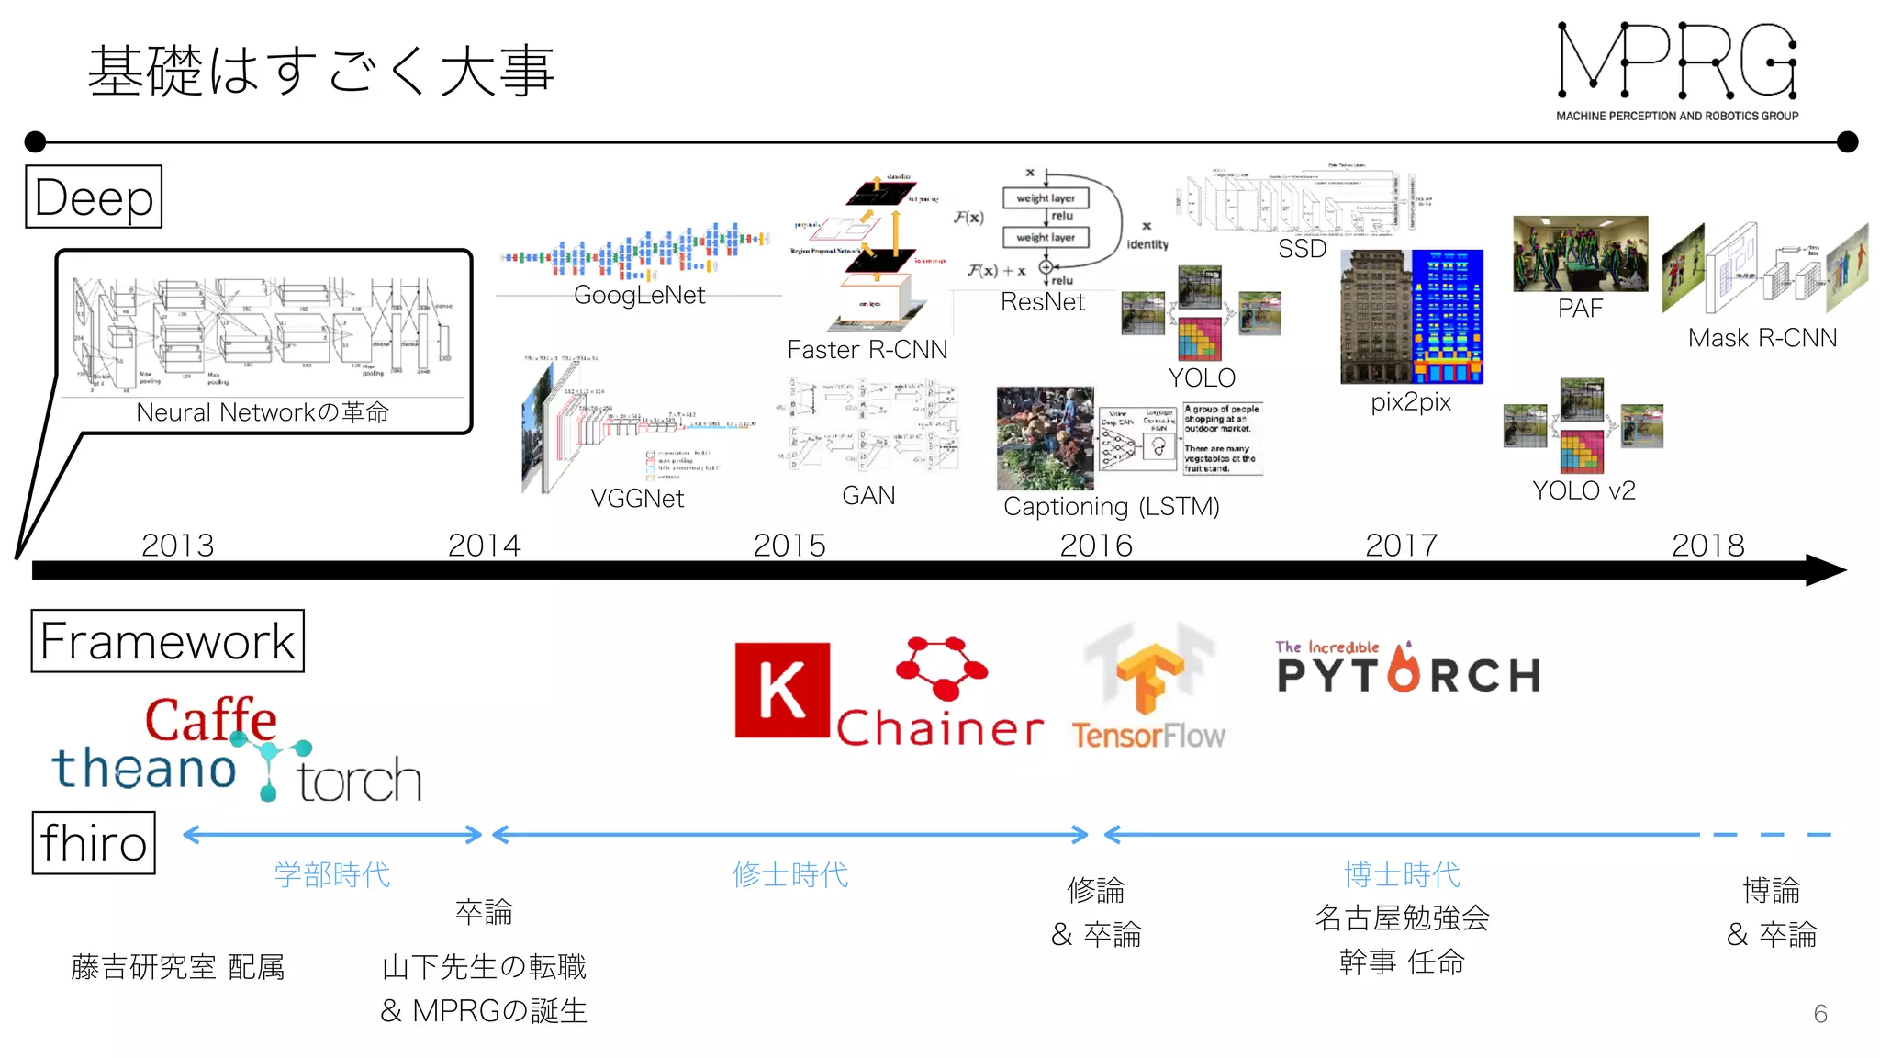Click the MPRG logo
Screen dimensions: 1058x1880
pos(1677,70)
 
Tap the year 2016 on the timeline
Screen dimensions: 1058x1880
pos(1096,546)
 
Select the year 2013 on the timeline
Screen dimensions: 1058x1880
pos(177,546)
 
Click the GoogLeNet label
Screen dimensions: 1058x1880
pos(639,295)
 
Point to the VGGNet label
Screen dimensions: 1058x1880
pos(637,499)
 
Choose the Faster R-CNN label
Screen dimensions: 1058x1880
pos(867,350)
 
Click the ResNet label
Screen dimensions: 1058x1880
pos(1042,302)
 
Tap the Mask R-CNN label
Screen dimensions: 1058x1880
pos(1762,338)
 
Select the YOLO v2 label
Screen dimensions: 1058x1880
pos(1583,490)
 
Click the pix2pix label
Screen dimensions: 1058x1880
pos(1411,402)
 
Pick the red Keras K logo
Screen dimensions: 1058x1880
pos(782,690)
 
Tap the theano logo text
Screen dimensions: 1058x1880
pos(144,768)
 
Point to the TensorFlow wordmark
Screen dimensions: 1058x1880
pos(1147,736)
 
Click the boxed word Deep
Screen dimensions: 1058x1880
pos(94,197)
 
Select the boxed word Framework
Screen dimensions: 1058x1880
pos(167,641)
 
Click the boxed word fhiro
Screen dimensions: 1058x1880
pos(94,843)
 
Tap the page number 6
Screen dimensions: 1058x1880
pos(1819,1014)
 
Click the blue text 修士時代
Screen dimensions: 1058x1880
pos(789,874)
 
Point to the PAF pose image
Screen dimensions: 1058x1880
pos(1580,254)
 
